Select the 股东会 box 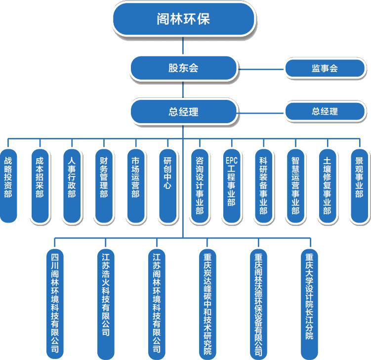(183, 68)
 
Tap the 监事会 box (325, 68)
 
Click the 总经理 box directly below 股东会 (183, 112)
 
